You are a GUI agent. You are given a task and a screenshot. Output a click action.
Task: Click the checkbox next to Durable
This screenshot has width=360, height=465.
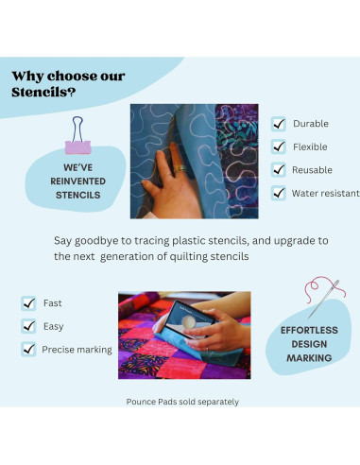pos(279,124)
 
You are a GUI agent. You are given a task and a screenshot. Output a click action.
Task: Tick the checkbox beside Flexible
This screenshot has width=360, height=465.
pos(279,146)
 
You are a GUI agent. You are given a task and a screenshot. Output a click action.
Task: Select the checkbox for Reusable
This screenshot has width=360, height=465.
pos(279,170)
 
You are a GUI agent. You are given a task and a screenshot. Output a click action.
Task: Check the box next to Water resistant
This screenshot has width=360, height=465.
pos(279,193)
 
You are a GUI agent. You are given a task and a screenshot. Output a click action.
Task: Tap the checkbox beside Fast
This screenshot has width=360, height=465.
pos(28,303)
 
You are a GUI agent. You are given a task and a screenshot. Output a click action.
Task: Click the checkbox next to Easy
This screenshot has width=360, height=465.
pos(28,326)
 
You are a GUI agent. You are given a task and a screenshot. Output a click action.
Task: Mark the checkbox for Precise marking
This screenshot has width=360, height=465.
pos(28,349)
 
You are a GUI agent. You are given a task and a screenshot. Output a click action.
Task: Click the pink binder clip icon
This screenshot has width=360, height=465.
pos(78,135)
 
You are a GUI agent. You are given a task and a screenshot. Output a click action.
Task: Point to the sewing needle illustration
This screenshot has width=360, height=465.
pos(324,299)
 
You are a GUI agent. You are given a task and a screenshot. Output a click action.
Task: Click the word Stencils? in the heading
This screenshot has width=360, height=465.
pos(43,93)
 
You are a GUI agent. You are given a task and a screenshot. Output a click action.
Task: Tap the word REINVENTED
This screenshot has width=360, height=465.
pos(78,181)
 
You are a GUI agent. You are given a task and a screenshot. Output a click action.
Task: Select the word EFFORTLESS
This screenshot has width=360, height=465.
pos(309,330)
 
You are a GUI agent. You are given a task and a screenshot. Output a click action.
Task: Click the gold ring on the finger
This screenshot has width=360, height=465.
pos(180,168)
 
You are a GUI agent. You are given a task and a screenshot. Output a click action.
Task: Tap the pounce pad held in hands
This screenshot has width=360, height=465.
pos(190,319)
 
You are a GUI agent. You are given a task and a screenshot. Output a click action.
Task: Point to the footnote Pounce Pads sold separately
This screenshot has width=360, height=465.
pos(182,402)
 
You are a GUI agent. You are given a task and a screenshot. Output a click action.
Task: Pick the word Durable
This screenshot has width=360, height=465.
pos(311,124)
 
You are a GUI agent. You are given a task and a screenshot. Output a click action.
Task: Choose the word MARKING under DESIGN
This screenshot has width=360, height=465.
pos(309,358)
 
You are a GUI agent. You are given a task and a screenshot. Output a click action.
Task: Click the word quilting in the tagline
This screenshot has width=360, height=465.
pos(189,257)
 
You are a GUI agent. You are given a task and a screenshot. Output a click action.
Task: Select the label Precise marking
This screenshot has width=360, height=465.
pos(77,350)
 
